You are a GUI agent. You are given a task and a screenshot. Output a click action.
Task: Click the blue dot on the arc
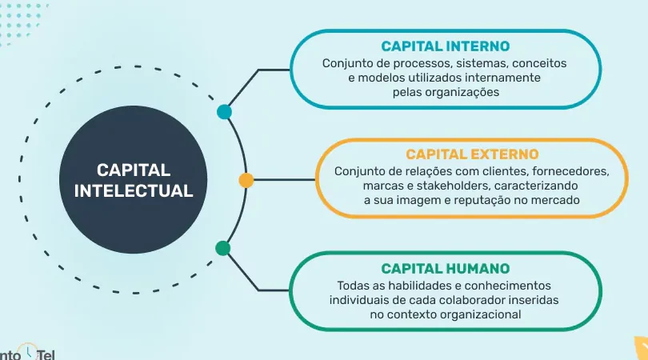[224, 111]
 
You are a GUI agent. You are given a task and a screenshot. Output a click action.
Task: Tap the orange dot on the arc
[246, 180]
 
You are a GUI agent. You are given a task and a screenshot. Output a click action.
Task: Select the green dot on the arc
[222, 248]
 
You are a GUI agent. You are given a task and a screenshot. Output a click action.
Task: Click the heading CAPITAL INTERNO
[446, 46]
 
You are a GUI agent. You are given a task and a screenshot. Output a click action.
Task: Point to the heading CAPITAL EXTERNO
[472, 154]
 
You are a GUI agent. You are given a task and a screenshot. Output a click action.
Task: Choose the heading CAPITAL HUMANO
[446, 269]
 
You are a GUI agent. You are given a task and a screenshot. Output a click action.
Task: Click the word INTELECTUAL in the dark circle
[134, 191]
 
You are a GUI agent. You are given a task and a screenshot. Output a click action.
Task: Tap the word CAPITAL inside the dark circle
[134, 170]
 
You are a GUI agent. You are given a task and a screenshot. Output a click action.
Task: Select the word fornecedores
[570, 171]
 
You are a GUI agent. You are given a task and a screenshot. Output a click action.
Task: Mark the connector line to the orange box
[284, 180]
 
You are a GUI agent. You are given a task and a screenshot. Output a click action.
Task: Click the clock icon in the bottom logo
[28, 351]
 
